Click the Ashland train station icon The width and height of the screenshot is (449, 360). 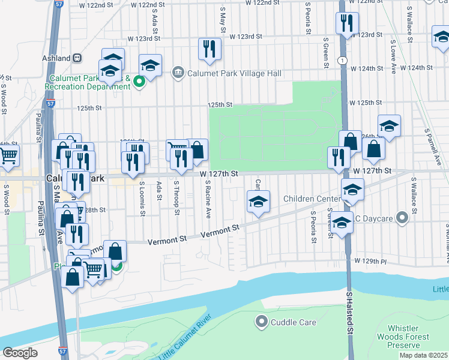click(x=77, y=58)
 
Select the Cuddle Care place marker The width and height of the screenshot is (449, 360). click(x=261, y=322)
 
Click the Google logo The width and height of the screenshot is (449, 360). click(x=20, y=353)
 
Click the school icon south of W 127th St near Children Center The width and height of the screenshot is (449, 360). click(x=258, y=201)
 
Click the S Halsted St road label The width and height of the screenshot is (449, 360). click(x=349, y=316)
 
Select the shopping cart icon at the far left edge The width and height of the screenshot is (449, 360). click(x=8, y=155)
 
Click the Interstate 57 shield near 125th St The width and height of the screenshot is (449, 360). click(x=50, y=103)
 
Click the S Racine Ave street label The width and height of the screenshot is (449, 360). click(x=208, y=199)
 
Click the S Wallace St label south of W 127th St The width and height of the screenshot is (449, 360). click(x=414, y=196)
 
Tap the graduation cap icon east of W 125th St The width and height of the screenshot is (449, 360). click(x=389, y=126)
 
